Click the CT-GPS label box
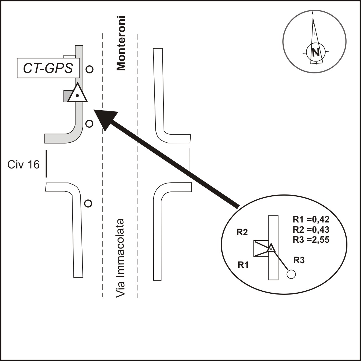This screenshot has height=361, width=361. (48, 68)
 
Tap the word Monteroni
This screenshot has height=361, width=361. (121, 43)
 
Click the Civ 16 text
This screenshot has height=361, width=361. (24, 165)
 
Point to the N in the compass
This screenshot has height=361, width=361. (315, 52)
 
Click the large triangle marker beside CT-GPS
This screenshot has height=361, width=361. (78, 94)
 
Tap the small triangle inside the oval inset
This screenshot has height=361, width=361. (271, 248)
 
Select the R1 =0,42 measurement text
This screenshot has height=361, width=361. (311, 219)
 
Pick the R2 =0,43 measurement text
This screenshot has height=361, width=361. (311, 229)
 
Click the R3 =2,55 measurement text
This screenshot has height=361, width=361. (311, 239)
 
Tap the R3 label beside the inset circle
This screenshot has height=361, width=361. (299, 260)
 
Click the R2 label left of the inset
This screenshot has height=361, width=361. (242, 232)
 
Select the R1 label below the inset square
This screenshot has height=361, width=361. (243, 265)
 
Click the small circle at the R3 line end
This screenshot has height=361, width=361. (291, 274)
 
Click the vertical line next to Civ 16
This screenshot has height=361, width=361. (46, 163)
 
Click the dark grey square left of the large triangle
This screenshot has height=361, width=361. (67, 96)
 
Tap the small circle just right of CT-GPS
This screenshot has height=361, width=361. (89, 69)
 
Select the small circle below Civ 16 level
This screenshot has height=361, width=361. (88, 204)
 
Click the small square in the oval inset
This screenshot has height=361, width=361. (261, 248)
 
